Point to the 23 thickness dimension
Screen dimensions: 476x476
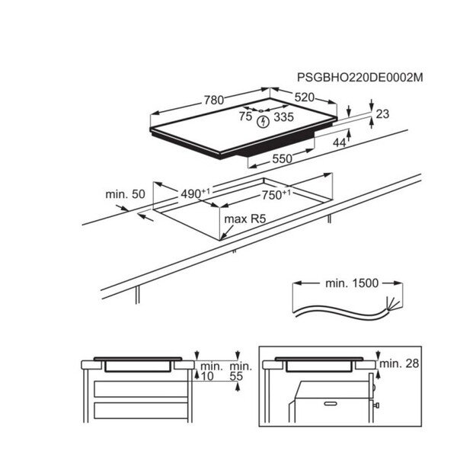pyautogui.click(x=382, y=114)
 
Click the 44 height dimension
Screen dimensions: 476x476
pyautogui.click(x=339, y=141)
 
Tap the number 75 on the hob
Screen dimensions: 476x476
pyautogui.click(x=245, y=117)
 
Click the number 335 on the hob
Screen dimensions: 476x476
pyautogui.click(x=283, y=117)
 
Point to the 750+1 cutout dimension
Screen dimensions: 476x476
pyautogui.click(x=276, y=195)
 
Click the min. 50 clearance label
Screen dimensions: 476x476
pyautogui.click(x=125, y=195)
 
